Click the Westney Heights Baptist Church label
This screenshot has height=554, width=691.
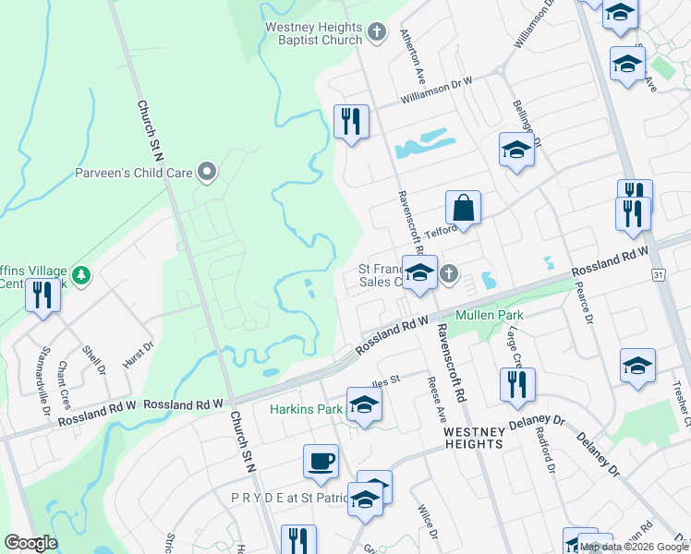click(x=313, y=34)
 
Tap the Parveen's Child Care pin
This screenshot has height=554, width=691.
click(x=208, y=171)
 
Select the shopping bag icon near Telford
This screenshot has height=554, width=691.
click(x=464, y=207)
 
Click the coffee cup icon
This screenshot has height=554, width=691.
click(x=321, y=461)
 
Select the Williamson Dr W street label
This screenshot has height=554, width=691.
click(x=436, y=90)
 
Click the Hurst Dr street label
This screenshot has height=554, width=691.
click(x=139, y=356)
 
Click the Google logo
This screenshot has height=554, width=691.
click(x=30, y=543)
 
